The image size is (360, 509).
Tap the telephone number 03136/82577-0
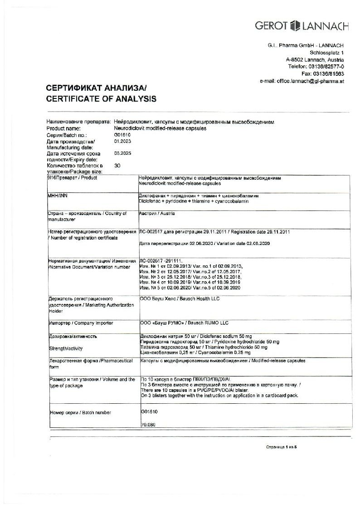click(316, 66)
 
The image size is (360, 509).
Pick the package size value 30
click(117, 166)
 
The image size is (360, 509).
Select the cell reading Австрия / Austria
click(157, 213)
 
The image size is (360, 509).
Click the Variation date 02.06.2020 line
click(205, 244)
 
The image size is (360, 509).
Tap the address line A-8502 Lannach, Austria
click(315, 59)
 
